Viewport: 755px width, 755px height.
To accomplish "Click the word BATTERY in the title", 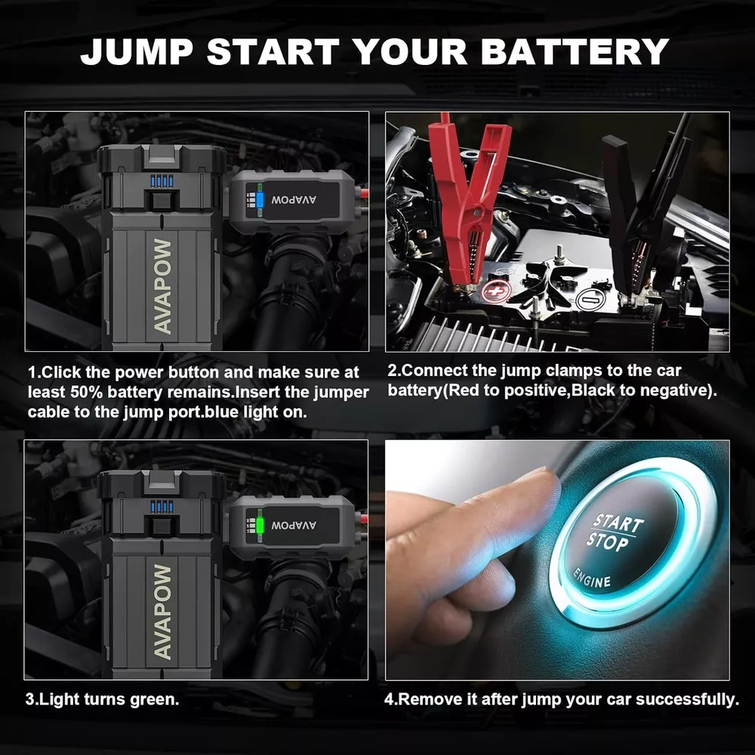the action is coord(575,51).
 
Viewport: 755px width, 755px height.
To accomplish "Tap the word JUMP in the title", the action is coord(137,51).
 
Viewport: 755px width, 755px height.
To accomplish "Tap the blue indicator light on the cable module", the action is coord(260,200).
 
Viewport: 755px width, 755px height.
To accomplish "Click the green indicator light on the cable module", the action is coord(260,525).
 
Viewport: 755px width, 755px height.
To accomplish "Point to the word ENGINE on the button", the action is coord(592,578).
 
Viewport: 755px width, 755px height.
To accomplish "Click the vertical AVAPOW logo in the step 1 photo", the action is coord(163,286).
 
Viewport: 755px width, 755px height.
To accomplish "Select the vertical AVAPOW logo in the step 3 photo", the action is coord(163,612).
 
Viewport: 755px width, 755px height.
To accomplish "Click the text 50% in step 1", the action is coord(87,392).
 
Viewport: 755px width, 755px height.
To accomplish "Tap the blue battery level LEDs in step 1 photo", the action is coord(162,181).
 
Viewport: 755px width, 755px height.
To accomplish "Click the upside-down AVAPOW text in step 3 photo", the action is coord(294,525).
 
